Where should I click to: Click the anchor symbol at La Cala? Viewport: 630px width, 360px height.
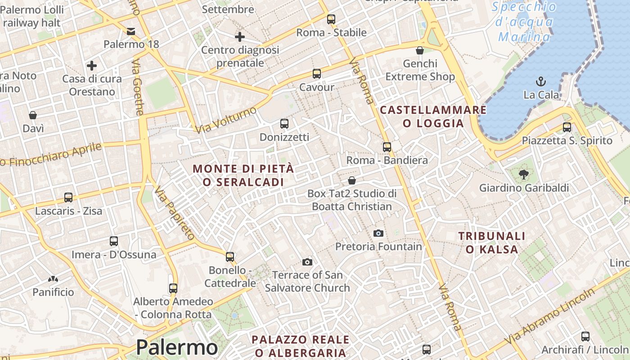click(540, 81)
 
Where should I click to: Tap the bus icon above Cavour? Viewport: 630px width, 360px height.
click(317, 73)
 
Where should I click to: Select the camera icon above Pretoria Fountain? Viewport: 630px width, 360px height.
click(378, 233)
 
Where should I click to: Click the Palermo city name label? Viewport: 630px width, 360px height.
click(177, 347)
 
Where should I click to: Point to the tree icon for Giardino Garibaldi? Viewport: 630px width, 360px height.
click(523, 174)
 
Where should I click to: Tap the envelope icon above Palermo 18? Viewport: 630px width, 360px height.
click(131, 31)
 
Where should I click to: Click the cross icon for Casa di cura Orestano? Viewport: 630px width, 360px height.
click(92, 66)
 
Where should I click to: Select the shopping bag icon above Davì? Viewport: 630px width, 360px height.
click(33, 115)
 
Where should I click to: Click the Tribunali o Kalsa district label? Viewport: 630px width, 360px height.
click(492, 242)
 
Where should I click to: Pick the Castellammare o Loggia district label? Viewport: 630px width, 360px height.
click(433, 117)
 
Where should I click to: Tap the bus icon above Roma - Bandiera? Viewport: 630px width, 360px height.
click(387, 147)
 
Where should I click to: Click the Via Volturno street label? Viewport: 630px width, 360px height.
click(226, 120)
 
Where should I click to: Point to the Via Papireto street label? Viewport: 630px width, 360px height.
click(175, 213)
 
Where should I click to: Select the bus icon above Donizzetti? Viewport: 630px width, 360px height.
click(284, 123)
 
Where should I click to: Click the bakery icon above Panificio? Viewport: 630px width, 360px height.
click(53, 279)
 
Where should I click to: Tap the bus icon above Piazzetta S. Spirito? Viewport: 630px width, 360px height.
click(567, 127)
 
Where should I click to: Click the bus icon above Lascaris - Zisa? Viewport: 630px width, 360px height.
click(68, 197)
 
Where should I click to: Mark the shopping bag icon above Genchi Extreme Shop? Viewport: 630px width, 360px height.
click(420, 50)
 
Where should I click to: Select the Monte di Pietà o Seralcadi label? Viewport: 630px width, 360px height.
click(243, 175)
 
